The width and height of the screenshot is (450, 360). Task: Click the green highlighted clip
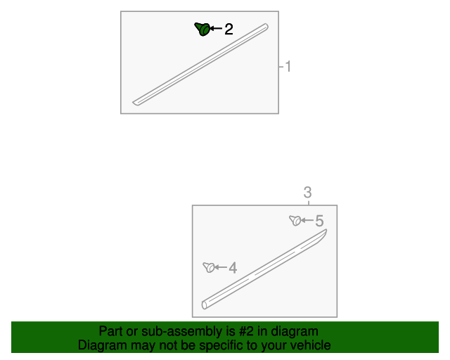click(x=203, y=29)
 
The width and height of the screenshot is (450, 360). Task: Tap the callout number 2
click(x=229, y=29)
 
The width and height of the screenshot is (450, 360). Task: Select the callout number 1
click(x=288, y=66)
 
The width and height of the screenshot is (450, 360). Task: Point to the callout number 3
click(x=307, y=193)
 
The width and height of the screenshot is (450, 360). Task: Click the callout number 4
click(x=233, y=268)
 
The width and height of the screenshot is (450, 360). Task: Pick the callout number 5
click(x=319, y=221)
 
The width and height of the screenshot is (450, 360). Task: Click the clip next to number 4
click(x=209, y=267)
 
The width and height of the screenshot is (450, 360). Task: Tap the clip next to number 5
click(x=295, y=221)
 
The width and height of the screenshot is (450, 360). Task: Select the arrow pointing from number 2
click(x=216, y=28)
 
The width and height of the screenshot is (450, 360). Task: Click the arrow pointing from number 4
click(x=221, y=267)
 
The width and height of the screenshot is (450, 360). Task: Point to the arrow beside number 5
click(x=307, y=220)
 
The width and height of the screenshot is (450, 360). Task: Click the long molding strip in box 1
click(x=200, y=65)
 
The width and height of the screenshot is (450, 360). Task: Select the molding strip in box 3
click(x=264, y=269)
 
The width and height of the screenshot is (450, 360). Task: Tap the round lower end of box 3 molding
click(x=204, y=305)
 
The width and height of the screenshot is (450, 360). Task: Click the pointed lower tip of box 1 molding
click(x=133, y=102)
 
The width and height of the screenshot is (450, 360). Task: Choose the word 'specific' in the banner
click(x=221, y=345)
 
